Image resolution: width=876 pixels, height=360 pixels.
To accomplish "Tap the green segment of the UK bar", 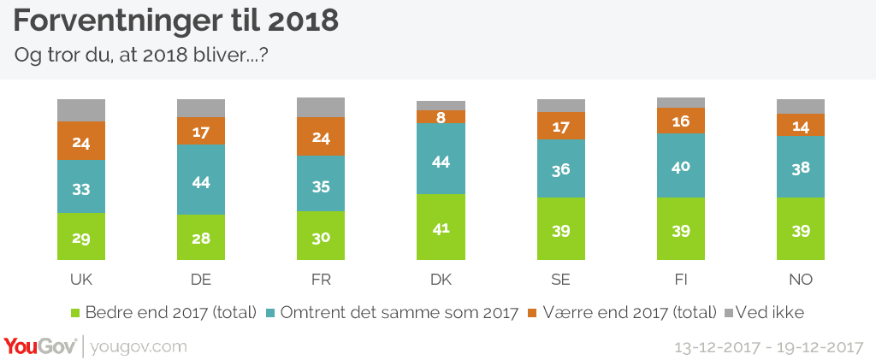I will (x=81, y=236).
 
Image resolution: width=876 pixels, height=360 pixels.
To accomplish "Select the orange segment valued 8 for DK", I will (x=441, y=117).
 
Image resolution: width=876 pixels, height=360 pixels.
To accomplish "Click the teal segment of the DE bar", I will (x=201, y=180).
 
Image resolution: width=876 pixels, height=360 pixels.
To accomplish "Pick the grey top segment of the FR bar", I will (x=321, y=107).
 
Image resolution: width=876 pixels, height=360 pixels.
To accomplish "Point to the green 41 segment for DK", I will (x=441, y=227).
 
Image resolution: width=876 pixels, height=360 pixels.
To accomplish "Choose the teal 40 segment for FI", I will (x=681, y=165).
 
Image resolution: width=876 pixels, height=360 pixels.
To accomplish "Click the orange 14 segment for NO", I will (x=801, y=125).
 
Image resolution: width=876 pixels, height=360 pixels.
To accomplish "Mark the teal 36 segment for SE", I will (x=561, y=168).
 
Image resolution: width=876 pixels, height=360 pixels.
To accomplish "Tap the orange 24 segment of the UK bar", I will (x=81, y=141).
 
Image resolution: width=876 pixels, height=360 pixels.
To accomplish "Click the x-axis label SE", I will (x=561, y=280).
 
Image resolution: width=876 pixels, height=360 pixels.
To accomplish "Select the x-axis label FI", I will (x=681, y=280).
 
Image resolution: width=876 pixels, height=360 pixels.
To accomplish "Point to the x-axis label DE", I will (x=201, y=280).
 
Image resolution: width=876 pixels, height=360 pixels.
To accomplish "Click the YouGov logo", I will (x=40, y=346).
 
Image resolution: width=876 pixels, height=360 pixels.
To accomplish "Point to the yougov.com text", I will (x=138, y=347).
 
